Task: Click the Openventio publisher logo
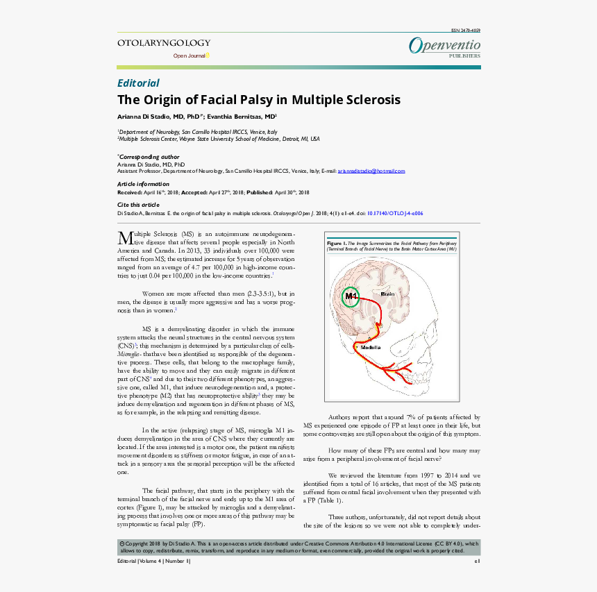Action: pos(444,45)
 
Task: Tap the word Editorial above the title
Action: pos(138,83)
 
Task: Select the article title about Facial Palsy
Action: pos(258,99)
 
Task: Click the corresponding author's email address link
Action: pos(371,171)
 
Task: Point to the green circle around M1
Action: pos(351,297)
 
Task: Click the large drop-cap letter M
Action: pos(125,237)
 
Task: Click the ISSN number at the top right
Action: pos(466,31)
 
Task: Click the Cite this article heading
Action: pos(137,205)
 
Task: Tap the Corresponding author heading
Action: pos(149,157)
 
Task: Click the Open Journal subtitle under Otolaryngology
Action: pos(189,56)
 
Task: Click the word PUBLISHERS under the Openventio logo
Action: pos(464,56)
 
